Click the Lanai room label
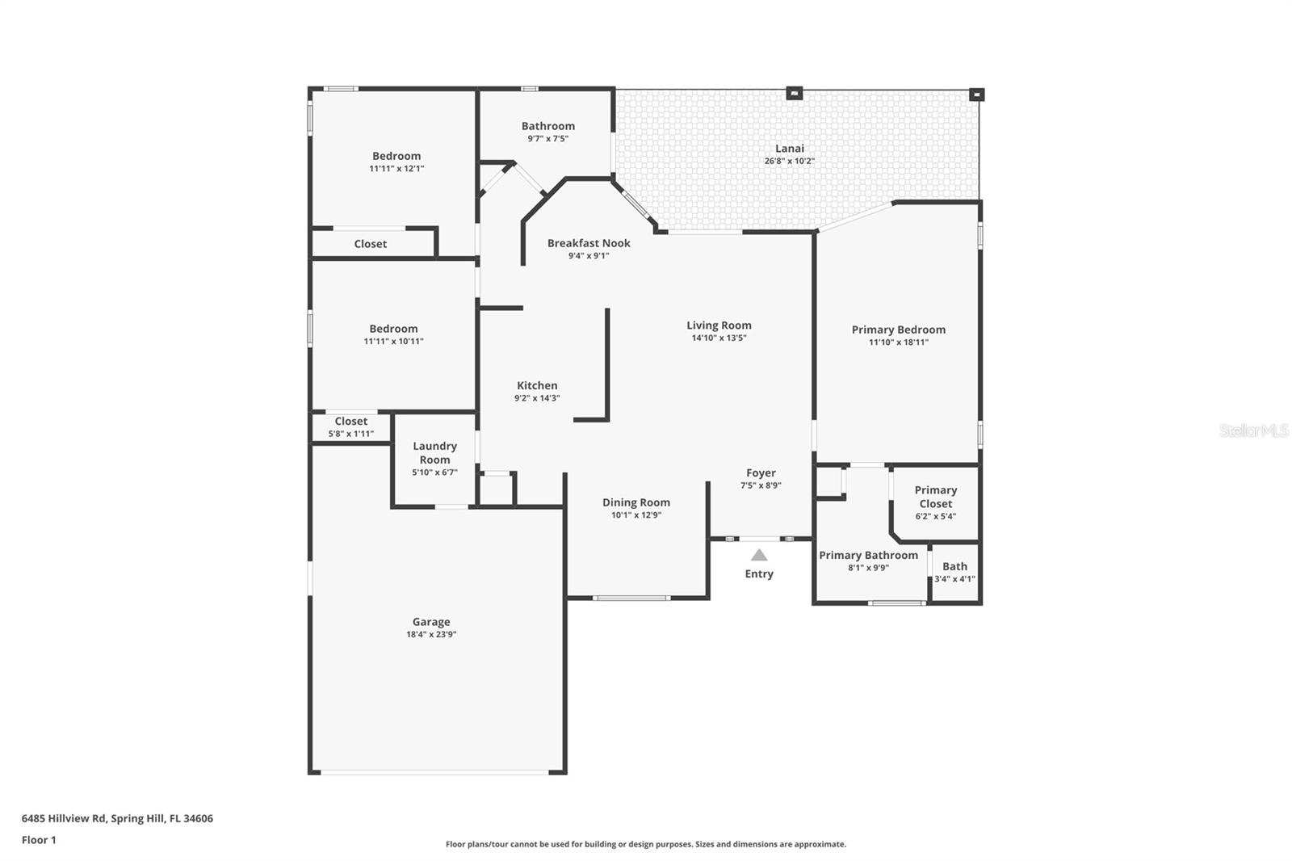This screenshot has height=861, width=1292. (789, 149)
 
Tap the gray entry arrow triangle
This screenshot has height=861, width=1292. (759, 555)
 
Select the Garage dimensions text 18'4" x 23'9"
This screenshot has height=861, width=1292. (431, 635)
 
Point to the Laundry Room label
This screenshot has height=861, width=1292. (434, 453)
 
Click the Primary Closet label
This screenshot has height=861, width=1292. (935, 497)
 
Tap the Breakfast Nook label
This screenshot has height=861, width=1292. (589, 243)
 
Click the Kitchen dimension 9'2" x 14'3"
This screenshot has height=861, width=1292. (537, 398)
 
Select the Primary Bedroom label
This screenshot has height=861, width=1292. (898, 330)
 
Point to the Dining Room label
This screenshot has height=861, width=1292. (636, 502)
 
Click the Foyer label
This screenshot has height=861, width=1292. (761, 473)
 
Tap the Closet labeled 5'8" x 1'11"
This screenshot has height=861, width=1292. (350, 427)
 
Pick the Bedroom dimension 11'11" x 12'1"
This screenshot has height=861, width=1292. (396, 169)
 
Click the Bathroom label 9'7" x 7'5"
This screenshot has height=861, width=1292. (548, 132)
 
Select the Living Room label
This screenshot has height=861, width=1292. (719, 325)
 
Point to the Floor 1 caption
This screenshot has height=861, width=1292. (39, 840)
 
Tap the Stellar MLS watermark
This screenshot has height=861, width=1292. (1254, 430)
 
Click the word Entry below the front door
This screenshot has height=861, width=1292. (759, 574)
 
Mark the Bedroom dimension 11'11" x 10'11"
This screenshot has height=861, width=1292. (393, 342)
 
